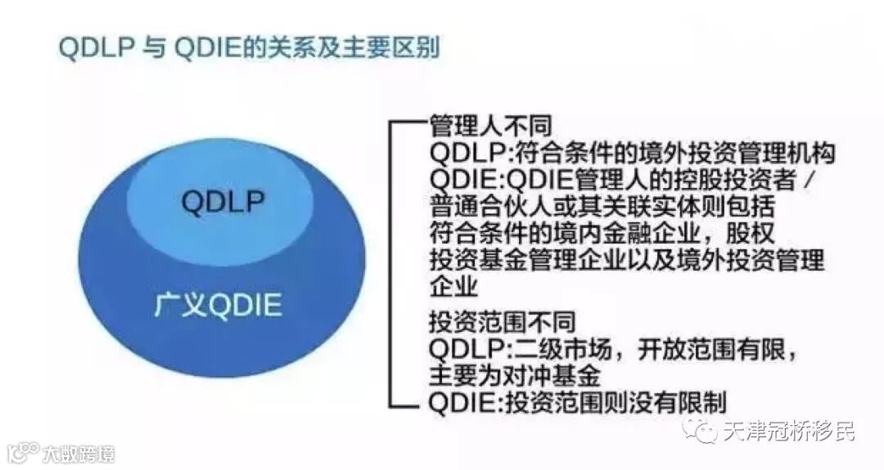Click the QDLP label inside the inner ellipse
[x=219, y=201]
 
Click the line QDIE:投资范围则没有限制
[x=578, y=402]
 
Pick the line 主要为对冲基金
[x=516, y=375]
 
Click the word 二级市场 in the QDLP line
[x=565, y=348]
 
